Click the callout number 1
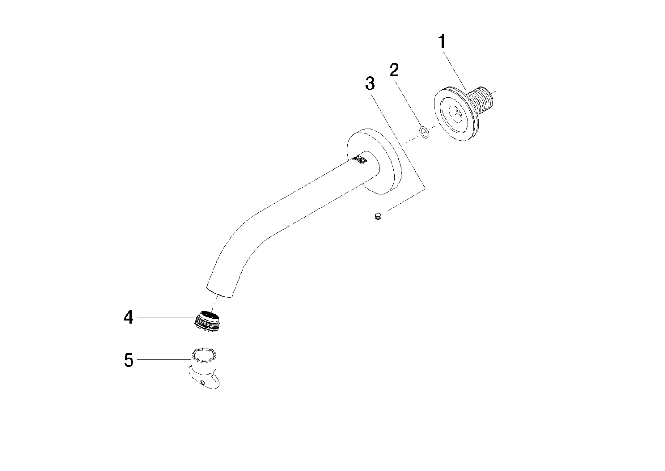coord(442,42)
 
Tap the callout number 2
coord(394,70)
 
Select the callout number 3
coord(370,84)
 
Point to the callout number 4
coord(128,317)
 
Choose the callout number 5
coord(128,360)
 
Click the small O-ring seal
coord(424,132)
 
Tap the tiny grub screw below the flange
coord(378,216)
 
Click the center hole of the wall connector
coord(456,115)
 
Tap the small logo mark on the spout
coord(362,160)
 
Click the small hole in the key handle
coord(203,382)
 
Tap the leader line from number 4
coord(165,317)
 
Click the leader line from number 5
coord(164,360)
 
